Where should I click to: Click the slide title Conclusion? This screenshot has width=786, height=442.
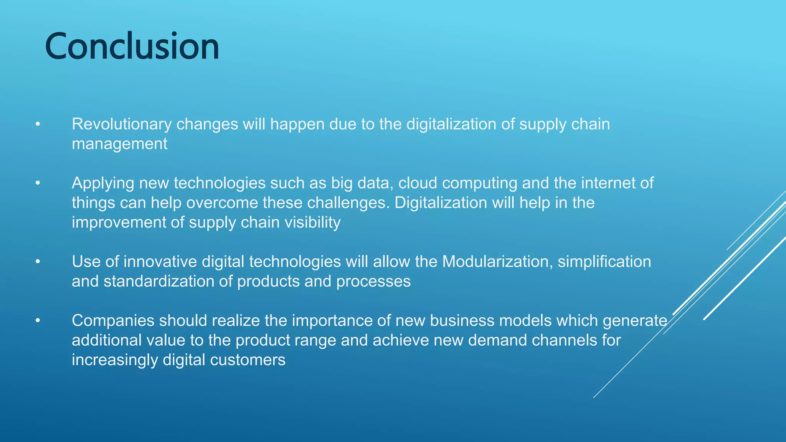132,46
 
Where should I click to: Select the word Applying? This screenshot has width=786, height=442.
103,183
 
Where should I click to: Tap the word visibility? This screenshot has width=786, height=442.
312,223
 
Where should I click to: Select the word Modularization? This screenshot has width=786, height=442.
497,262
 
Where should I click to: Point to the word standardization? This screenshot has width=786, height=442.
159,282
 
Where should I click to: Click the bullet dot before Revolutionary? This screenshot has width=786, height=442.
38,124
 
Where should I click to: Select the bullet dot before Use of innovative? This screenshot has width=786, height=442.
38,262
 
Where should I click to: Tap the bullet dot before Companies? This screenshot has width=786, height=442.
38,321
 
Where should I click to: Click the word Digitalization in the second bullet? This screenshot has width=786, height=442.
441,203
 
